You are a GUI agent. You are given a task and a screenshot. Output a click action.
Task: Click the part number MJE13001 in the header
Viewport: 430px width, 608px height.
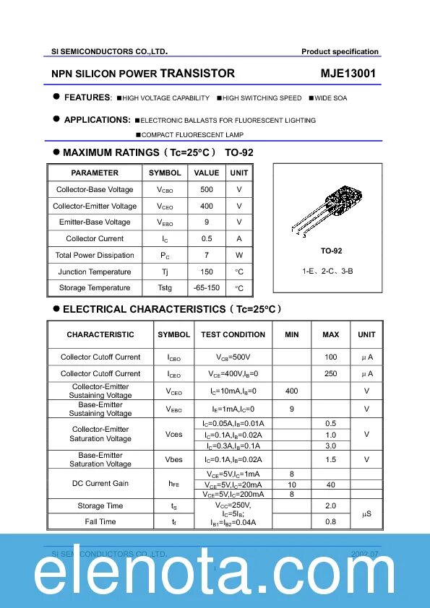(x=348, y=74)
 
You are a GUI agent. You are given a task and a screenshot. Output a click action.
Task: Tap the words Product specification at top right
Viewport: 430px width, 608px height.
(x=340, y=51)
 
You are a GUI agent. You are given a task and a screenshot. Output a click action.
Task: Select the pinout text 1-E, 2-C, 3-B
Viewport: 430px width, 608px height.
(x=327, y=271)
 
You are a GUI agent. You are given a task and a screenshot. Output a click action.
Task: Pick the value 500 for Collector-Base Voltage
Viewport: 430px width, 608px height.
(x=207, y=189)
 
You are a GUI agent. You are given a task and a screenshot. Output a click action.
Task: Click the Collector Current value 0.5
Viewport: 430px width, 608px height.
(x=207, y=238)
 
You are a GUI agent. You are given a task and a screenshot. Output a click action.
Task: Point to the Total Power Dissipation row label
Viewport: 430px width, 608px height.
(x=95, y=255)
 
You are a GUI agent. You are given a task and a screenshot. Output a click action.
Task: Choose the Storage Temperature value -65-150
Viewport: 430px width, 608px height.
(x=207, y=287)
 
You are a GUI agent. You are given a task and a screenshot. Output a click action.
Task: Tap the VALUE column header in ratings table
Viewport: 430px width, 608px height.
(x=207, y=173)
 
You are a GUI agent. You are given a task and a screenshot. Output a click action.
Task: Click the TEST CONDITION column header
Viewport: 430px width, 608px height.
(x=233, y=334)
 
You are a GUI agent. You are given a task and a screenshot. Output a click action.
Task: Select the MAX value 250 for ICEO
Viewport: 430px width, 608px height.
(x=331, y=373)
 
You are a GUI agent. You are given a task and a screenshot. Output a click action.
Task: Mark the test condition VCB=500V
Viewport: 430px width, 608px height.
(x=233, y=357)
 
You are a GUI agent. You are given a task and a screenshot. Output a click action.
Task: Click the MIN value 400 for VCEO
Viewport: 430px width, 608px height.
(x=291, y=391)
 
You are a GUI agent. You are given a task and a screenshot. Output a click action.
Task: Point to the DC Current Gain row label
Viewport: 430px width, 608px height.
(x=100, y=483)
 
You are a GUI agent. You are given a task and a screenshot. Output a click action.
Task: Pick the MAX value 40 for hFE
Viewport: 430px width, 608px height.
(x=331, y=485)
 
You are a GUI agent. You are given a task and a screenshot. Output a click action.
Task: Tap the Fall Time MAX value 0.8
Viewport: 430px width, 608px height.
(x=331, y=521)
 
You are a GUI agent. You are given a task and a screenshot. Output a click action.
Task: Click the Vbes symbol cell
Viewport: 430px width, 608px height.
(x=174, y=459)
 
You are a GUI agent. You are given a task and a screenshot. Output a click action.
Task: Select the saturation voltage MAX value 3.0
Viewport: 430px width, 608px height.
(x=331, y=446)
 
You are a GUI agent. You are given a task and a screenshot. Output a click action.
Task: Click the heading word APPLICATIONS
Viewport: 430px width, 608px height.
(x=97, y=120)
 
